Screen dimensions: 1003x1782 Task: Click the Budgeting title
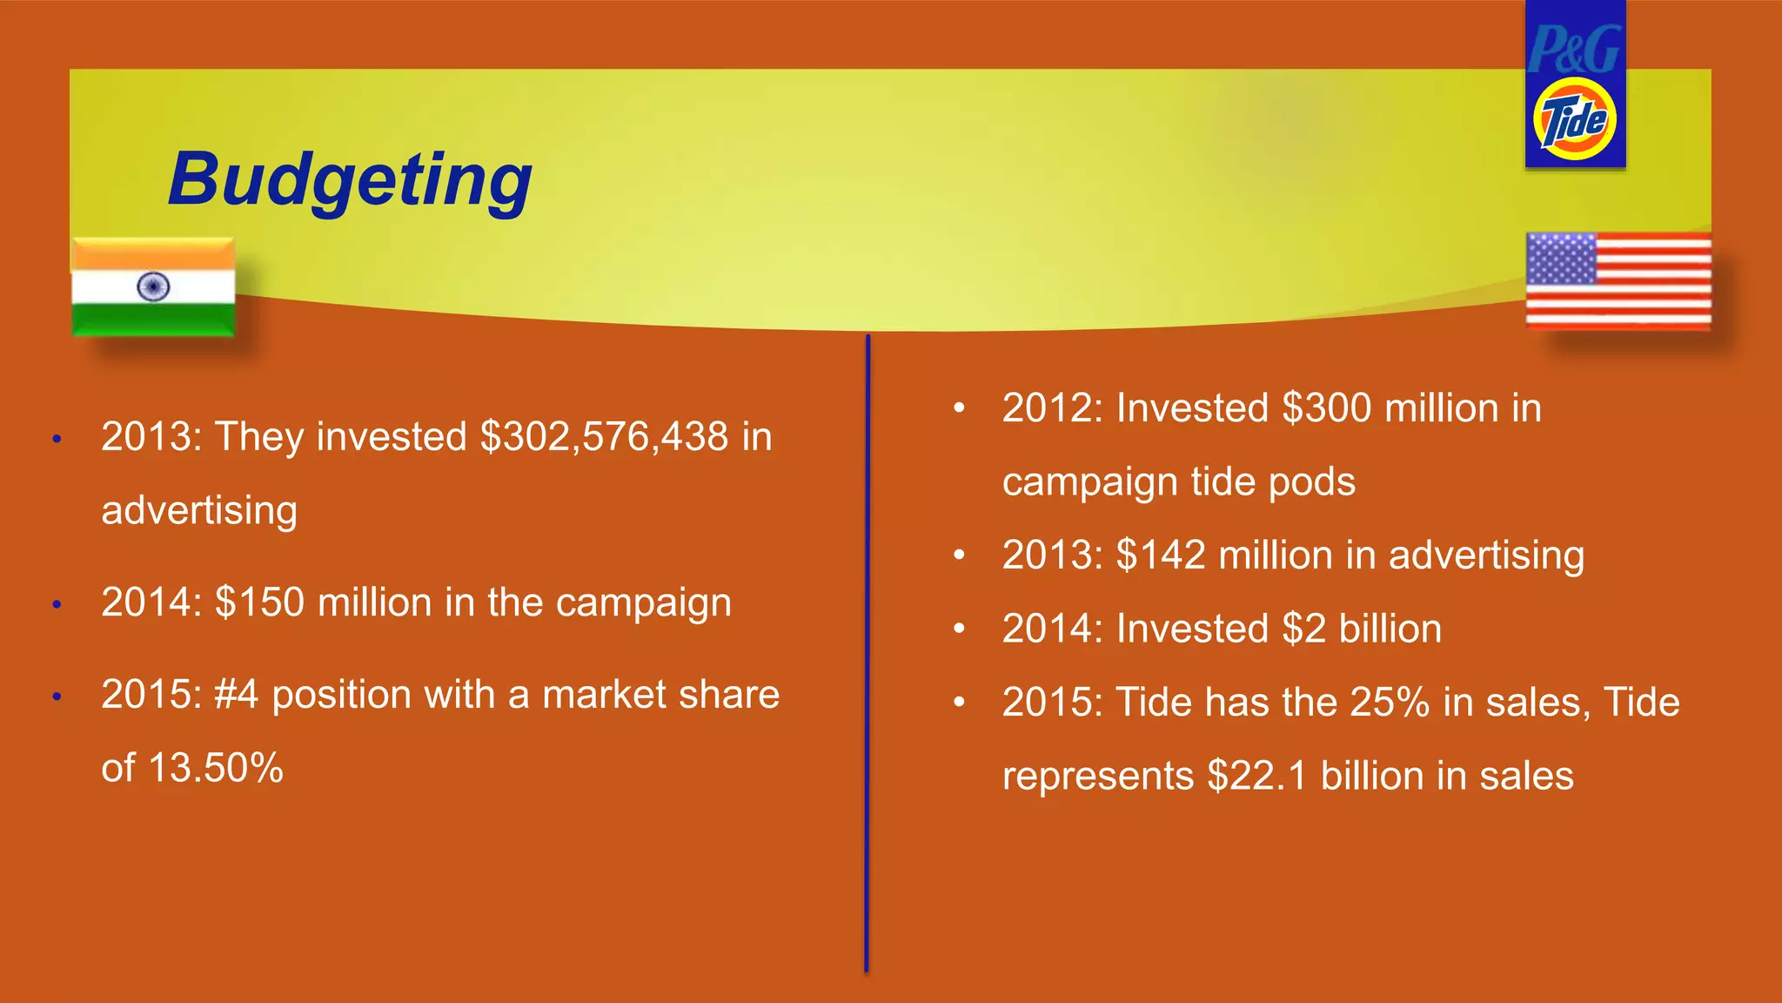[x=350, y=180]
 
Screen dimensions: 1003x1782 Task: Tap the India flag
[x=153, y=287]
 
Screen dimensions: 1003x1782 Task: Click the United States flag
[x=1618, y=280]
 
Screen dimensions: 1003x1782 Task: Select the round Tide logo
[x=1575, y=120]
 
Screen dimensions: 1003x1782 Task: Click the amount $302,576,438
[x=605, y=436]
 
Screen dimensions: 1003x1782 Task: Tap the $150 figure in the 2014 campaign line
[x=259, y=602]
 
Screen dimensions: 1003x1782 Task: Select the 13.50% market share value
[x=215, y=769]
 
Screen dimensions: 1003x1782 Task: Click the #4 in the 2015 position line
[x=236, y=695]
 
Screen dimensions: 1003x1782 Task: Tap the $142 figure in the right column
[x=1161, y=555]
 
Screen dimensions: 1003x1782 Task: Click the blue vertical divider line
[x=867, y=653]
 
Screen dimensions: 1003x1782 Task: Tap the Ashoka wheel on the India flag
[x=153, y=287]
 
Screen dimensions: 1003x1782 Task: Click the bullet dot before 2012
[x=959, y=408]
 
